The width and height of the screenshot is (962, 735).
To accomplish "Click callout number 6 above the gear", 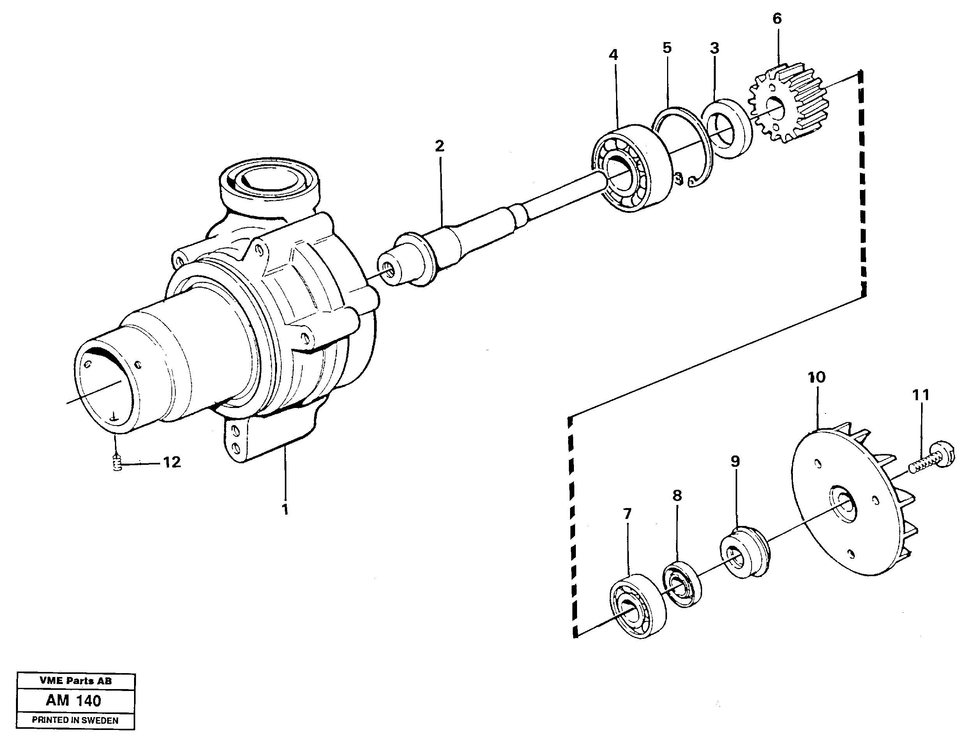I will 777,19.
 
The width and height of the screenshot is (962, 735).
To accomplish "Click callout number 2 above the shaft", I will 440,146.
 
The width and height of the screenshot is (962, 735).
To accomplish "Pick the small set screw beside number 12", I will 116,463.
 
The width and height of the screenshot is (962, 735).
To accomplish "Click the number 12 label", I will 172,462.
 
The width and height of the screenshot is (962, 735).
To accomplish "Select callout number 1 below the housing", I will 285,509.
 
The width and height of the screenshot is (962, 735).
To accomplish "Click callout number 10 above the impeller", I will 817,377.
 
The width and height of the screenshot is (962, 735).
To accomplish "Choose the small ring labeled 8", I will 681,584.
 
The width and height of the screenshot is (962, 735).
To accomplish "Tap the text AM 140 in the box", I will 74,700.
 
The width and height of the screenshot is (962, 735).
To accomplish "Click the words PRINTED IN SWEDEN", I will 75,721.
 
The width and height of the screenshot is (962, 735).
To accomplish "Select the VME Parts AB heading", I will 75,681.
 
